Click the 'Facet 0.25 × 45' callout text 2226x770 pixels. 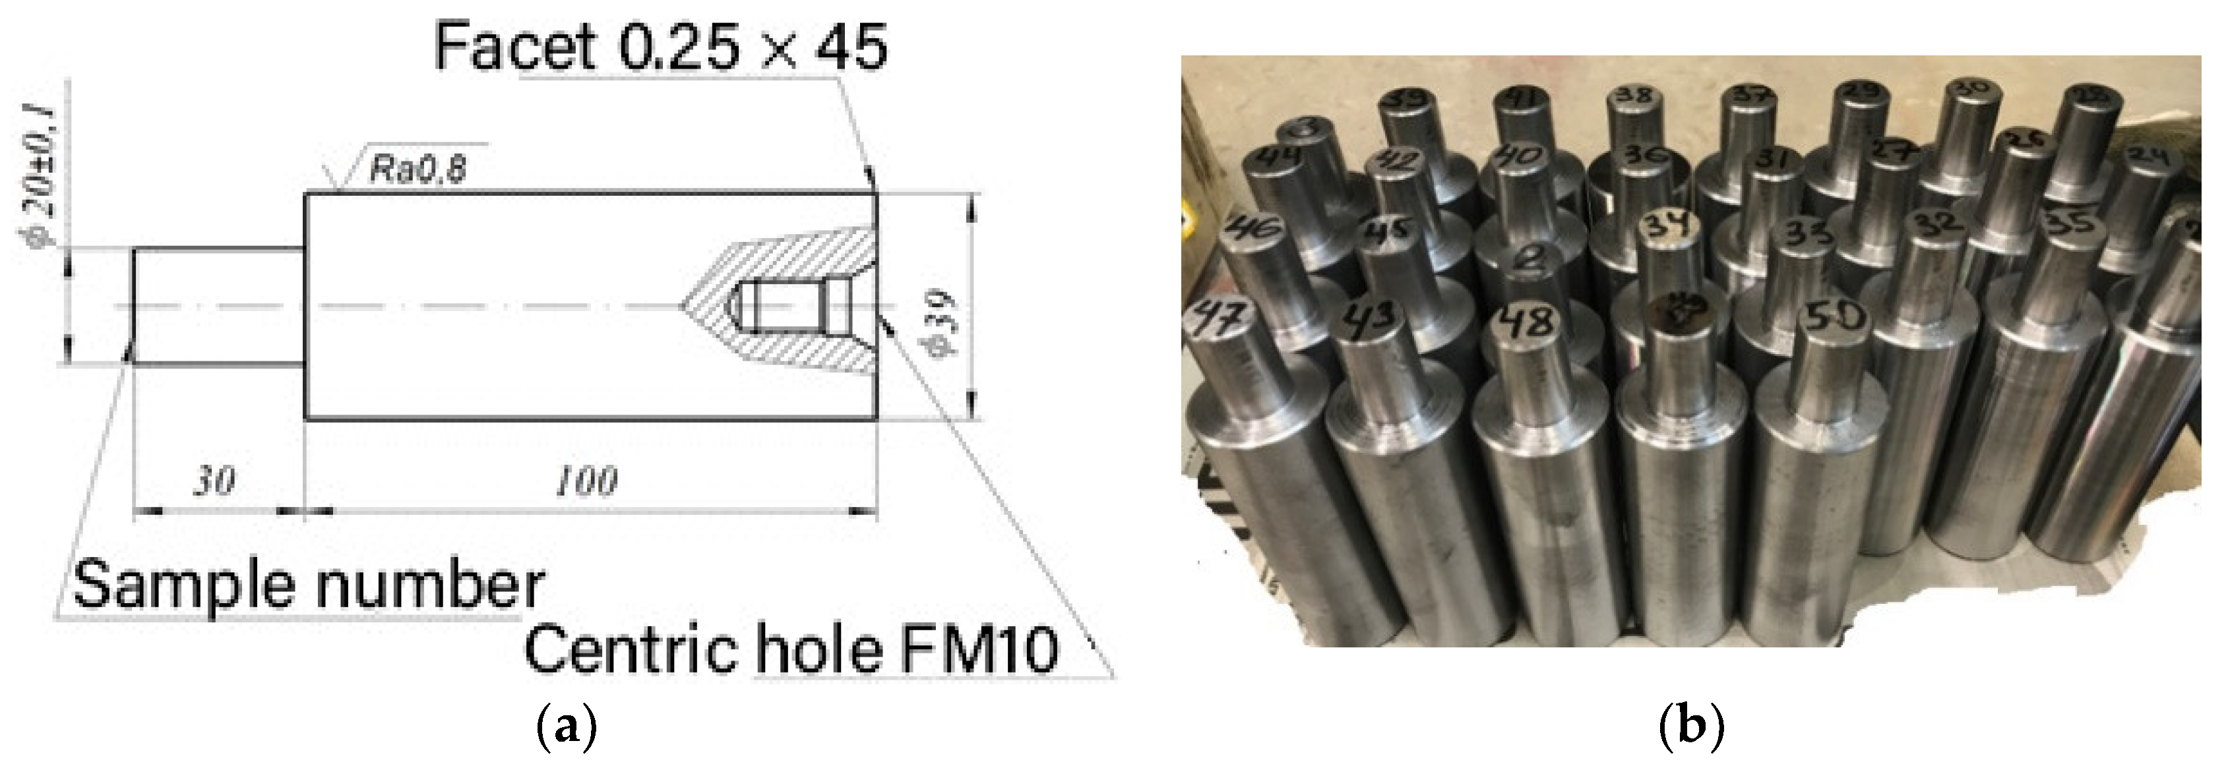pyautogui.click(x=660, y=47)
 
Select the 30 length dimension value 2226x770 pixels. pyautogui.click(x=214, y=481)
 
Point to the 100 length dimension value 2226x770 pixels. pyautogui.click(x=586, y=481)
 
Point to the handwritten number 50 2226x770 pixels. pyautogui.click(x=1836, y=318)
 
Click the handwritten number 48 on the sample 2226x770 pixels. pyautogui.click(x=1530, y=322)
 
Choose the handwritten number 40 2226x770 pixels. pyautogui.click(x=1519, y=156)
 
